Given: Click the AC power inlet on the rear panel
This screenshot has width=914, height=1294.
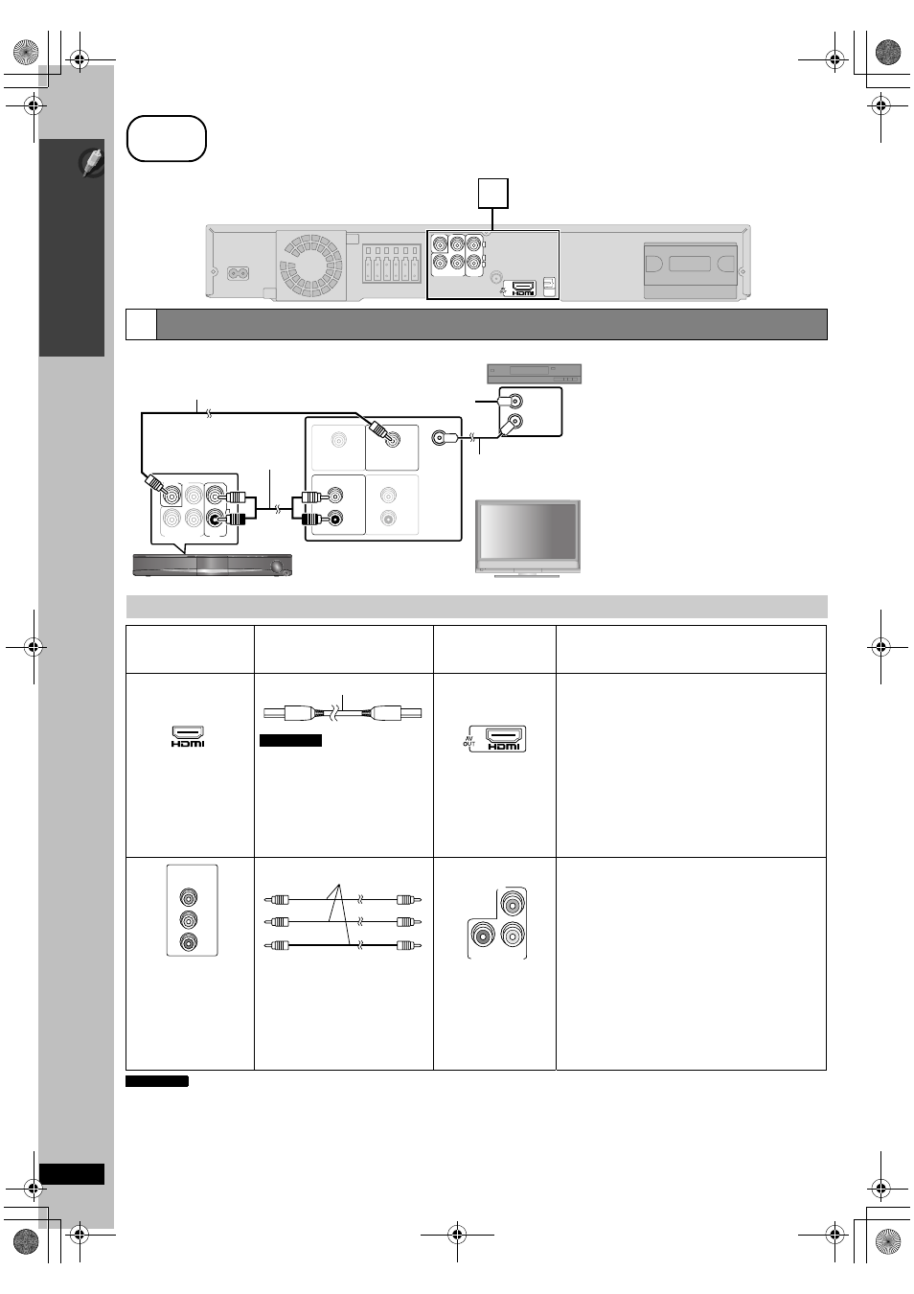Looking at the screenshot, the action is click(239, 272).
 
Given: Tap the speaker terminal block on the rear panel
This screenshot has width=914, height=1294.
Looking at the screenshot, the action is click(391, 264).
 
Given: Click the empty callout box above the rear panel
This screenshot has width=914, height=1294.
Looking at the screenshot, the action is click(493, 194).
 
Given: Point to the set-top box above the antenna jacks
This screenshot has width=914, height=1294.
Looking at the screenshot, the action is click(534, 373).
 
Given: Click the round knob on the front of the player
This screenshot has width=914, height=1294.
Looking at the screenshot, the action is click(278, 566).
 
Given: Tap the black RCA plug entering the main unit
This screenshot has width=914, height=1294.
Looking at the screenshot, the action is click(235, 520).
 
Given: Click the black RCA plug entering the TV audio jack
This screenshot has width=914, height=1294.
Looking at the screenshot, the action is click(312, 519).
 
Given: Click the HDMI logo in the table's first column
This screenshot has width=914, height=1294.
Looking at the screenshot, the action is click(188, 736).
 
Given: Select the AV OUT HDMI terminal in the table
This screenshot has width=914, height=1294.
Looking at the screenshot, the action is click(497, 739).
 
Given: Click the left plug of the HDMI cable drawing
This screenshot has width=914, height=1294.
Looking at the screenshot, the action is click(288, 713).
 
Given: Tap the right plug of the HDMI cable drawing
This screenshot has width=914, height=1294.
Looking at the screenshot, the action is click(396, 713).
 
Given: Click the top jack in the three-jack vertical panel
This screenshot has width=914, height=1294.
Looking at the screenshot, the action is click(188, 897).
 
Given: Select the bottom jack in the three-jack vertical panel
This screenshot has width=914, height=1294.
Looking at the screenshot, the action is click(188, 942).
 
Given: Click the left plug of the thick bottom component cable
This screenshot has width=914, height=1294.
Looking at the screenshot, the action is click(277, 945).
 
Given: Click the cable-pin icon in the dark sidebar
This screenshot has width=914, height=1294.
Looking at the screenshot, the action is click(92, 162).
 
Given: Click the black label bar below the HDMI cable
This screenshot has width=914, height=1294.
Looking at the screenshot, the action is click(290, 741).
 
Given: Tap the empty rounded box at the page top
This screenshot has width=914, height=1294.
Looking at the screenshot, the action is click(167, 139).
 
